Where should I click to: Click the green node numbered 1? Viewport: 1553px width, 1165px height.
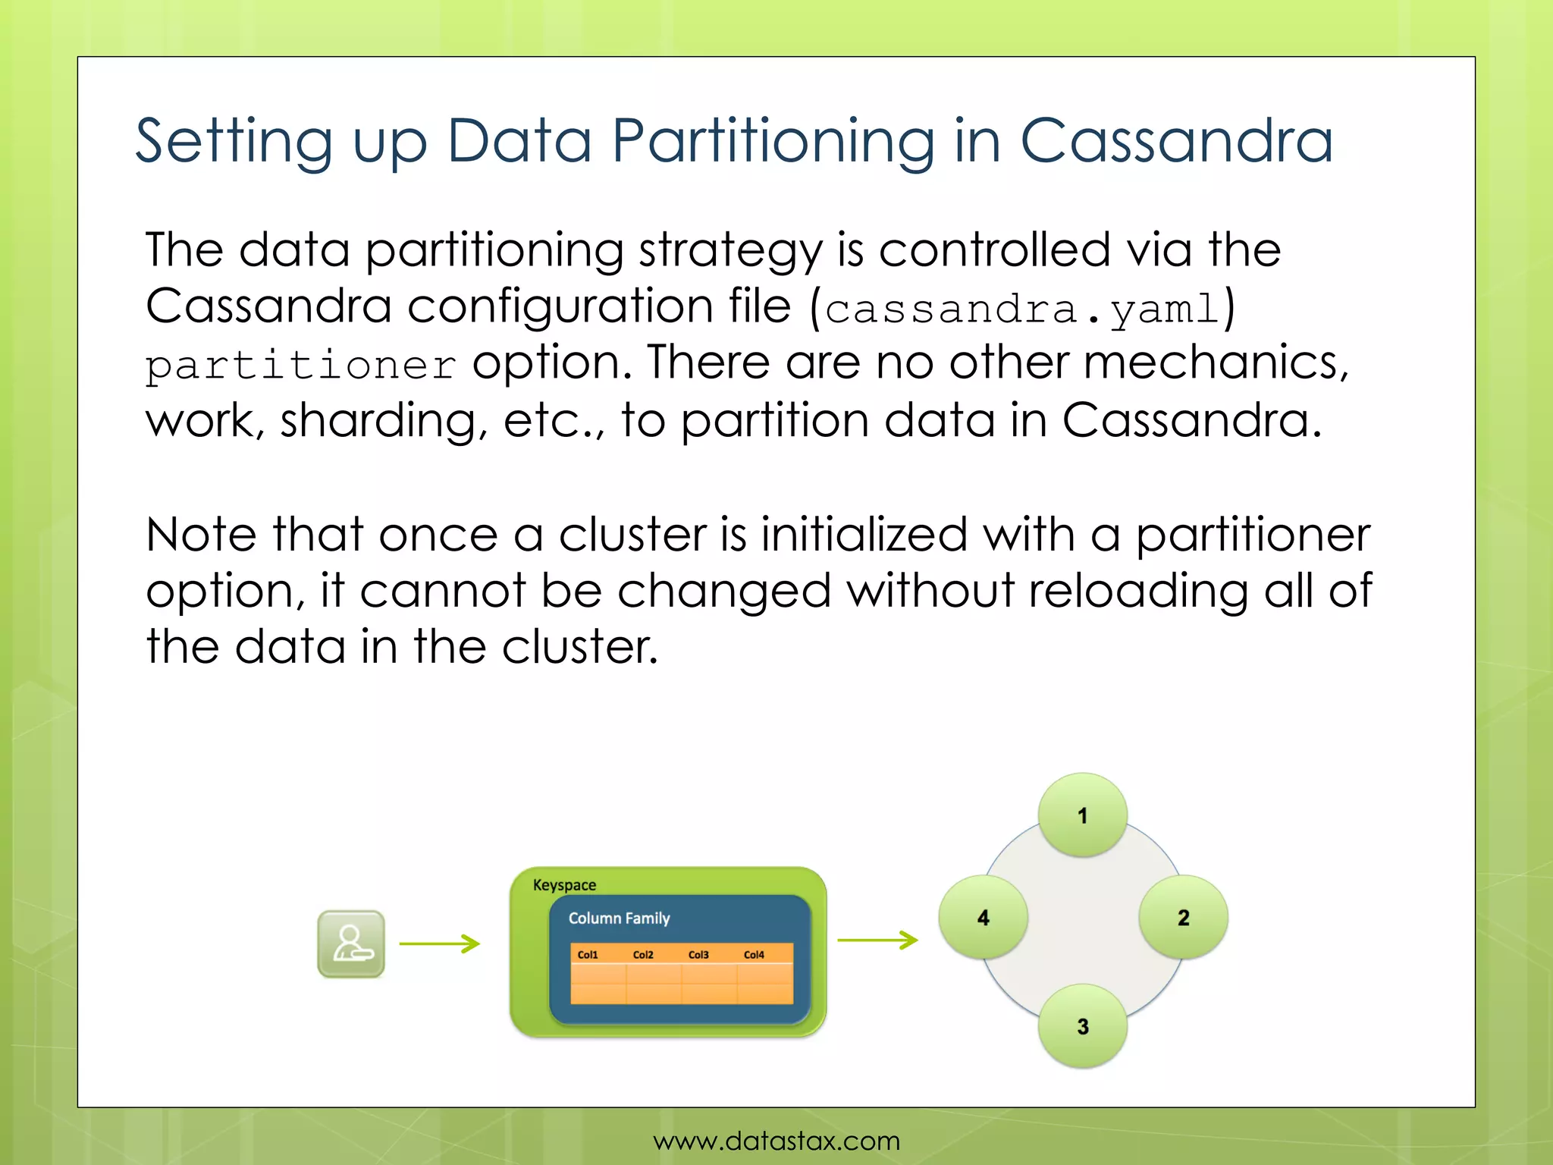[1082, 815]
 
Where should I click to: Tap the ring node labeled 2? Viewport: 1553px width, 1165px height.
[1183, 917]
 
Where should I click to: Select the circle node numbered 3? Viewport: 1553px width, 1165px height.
[1082, 1026]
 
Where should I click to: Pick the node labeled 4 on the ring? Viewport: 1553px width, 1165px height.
[983, 917]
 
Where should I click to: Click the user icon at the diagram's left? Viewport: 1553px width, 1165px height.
[350, 944]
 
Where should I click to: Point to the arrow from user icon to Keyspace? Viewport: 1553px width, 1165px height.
[439, 944]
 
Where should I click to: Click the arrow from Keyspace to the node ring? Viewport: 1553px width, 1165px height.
[877, 940]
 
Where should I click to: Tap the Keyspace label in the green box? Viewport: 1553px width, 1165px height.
[564, 885]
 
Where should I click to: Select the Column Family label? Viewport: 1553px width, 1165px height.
[619, 918]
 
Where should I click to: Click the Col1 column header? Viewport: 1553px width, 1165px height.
[588, 955]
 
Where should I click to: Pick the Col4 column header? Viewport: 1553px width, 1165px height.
[754, 955]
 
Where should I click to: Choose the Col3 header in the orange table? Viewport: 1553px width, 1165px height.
[698, 955]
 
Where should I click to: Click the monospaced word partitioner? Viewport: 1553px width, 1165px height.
[300, 366]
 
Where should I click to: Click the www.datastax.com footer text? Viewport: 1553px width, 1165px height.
[776, 1140]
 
